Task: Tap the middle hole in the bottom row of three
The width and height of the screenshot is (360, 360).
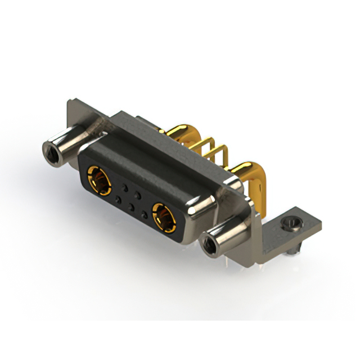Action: tap(132, 208)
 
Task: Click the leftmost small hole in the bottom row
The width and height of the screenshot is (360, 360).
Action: tap(118, 200)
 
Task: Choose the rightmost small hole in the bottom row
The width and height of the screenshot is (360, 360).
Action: tap(145, 215)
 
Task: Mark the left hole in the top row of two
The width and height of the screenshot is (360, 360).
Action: tap(124, 186)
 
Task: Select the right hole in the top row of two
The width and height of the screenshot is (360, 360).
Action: tap(138, 193)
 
